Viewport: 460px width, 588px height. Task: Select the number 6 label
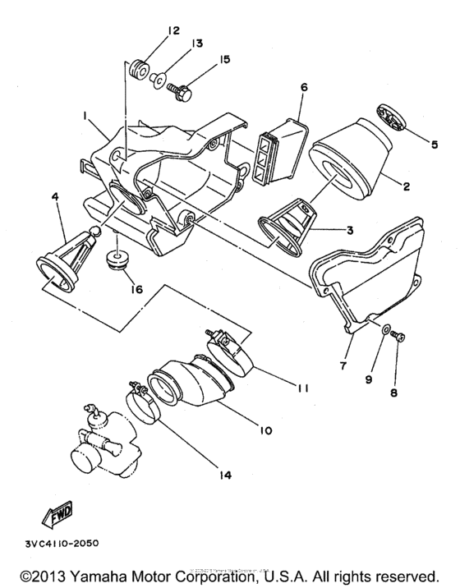pos(302,87)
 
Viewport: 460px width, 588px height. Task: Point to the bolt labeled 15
pos(181,92)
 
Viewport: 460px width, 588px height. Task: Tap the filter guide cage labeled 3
pos(287,222)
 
